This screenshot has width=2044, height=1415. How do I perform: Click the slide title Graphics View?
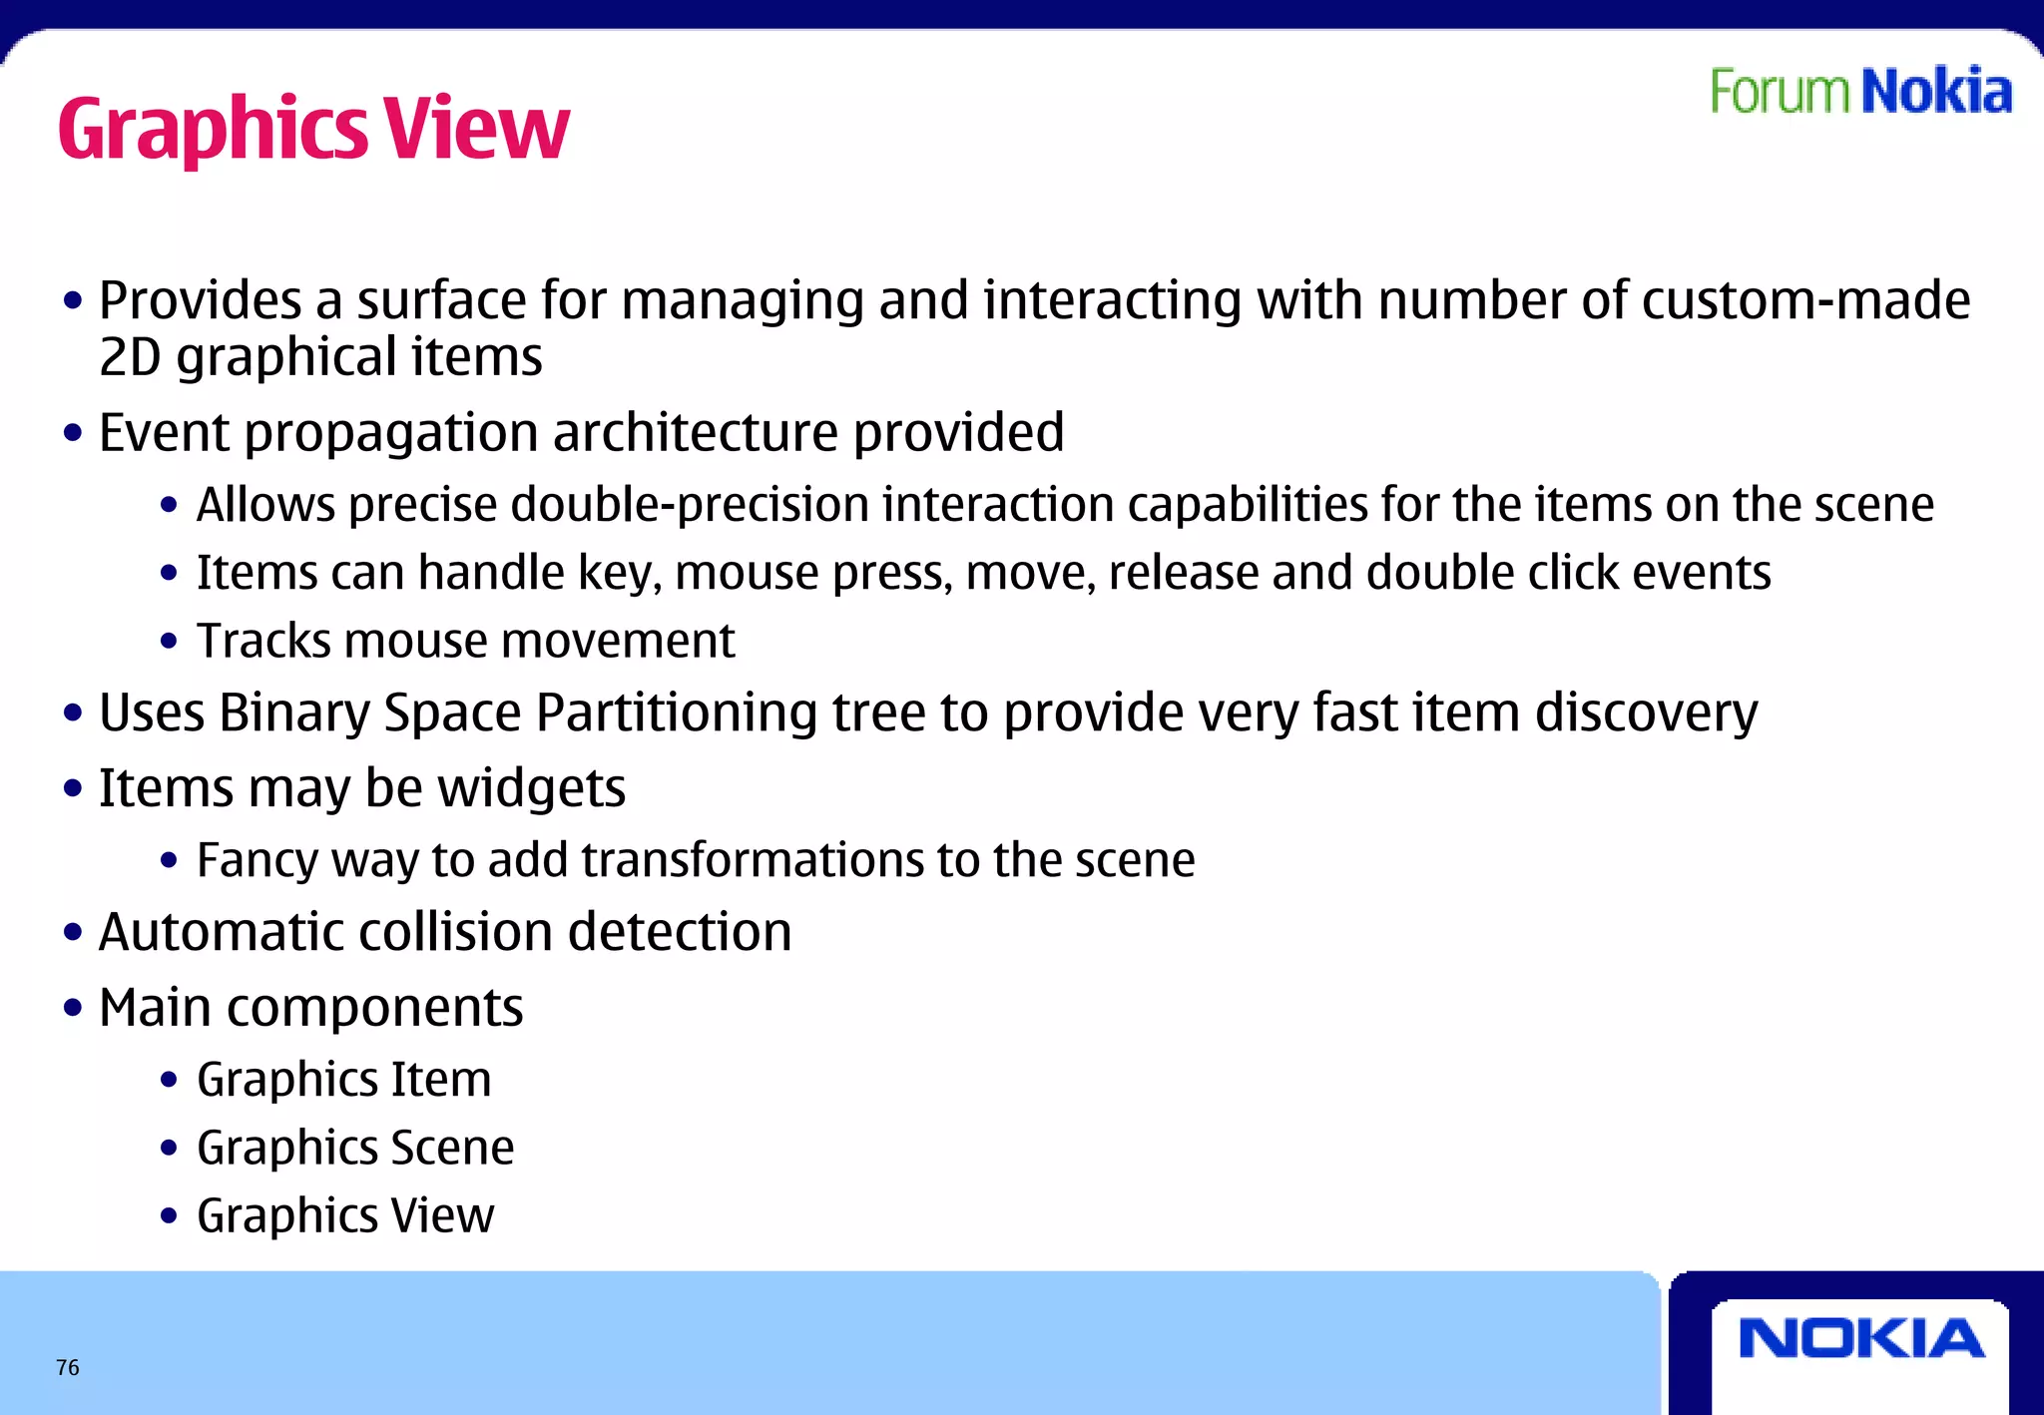click(313, 130)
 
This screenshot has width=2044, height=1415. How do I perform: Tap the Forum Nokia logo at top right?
click(1860, 92)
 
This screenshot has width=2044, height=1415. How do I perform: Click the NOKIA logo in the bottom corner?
click(1860, 1338)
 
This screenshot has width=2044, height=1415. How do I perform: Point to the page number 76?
click(68, 1367)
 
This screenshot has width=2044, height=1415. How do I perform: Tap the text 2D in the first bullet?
click(130, 357)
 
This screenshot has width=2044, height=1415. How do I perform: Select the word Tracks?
click(262, 641)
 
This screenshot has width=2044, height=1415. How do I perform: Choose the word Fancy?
click(256, 860)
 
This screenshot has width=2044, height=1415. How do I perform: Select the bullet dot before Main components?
click(72, 1008)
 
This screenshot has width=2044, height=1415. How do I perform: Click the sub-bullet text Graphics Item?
click(343, 1080)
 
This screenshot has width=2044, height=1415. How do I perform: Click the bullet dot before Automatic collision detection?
click(72, 933)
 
